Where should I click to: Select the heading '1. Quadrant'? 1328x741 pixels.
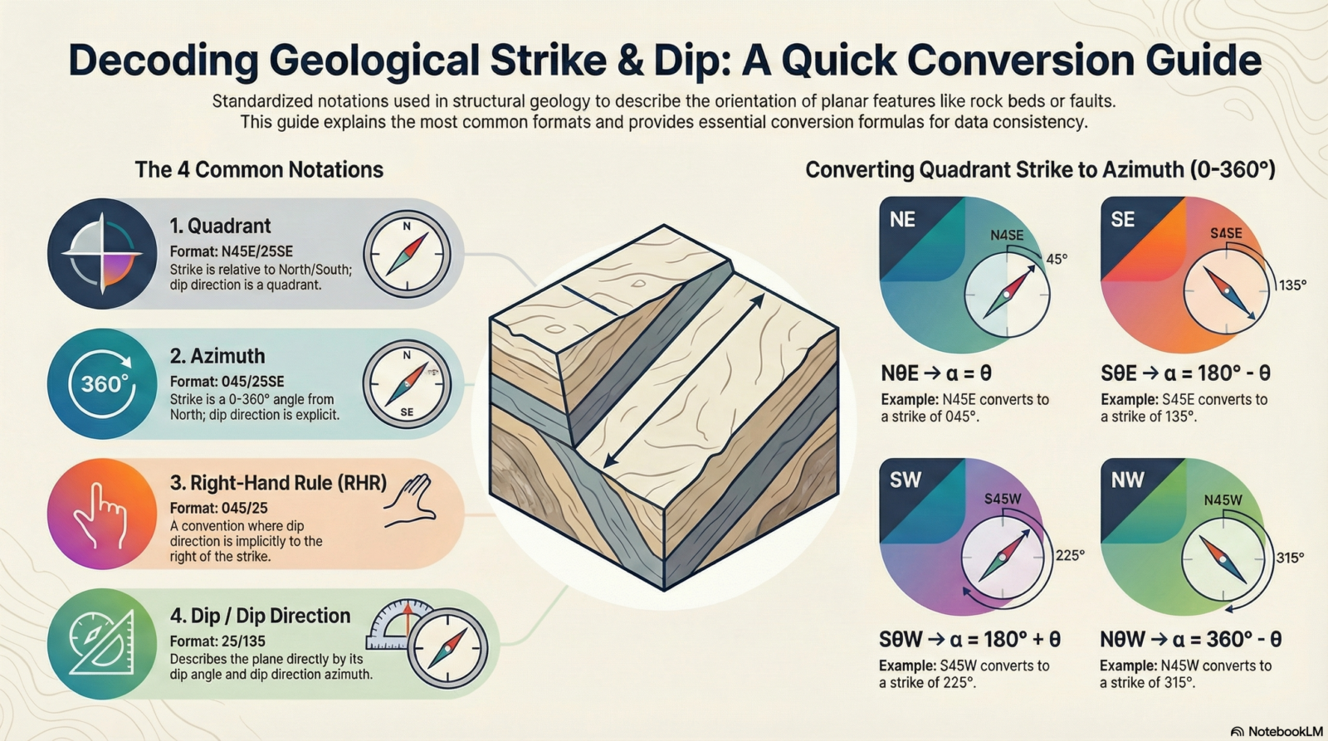(220, 226)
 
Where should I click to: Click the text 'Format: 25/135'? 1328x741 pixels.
(217, 641)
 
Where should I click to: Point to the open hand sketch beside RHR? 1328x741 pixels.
(410, 501)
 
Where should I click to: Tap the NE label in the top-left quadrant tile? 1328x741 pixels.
(902, 220)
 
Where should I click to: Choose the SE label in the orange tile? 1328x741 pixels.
(1123, 220)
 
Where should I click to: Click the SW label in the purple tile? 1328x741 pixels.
(906, 480)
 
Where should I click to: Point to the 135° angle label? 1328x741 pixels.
(1292, 285)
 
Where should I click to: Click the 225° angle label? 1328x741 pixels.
(1070, 555)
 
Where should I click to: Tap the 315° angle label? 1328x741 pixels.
(1290, 558)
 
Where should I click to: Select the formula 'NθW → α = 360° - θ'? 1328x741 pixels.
(1190, 640)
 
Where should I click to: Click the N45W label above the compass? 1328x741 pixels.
(1223, 500)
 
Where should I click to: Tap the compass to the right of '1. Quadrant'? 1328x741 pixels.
(407, 254)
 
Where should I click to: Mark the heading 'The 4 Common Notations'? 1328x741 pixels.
(259, 170)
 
